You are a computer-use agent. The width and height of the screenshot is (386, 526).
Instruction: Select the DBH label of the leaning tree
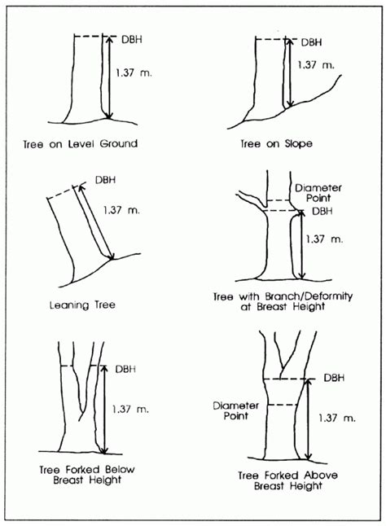[105, 180]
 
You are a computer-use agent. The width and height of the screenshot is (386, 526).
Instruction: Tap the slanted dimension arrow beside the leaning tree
[95, 220]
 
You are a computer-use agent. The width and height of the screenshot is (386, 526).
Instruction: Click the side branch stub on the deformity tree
[249, 198]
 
